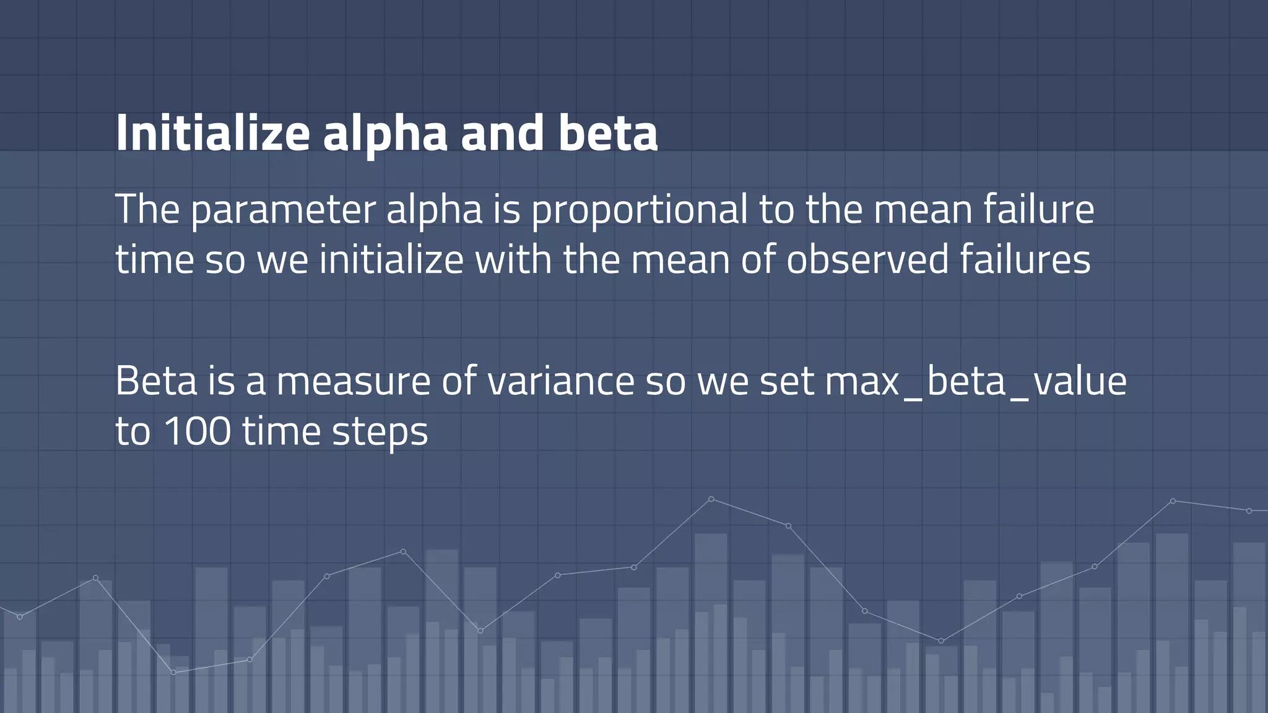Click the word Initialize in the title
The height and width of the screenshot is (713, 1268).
click(x=212, y=133)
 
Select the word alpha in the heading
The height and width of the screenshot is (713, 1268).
click(x=384, y=133)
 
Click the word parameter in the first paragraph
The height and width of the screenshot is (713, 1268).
click(x=283, y=210)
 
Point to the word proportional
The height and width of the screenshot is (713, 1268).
click(x=639, y=210)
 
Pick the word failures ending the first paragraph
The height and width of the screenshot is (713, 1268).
click(x=1025, y=259)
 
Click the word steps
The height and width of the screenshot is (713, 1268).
click(x=380, y=431)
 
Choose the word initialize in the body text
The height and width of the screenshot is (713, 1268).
click(x=391, y=259)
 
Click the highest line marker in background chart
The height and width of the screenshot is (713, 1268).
click(x=711, y=499)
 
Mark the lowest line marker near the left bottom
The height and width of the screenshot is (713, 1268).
click(x=173, y=672)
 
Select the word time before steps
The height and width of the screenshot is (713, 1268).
click(x=281, y=431)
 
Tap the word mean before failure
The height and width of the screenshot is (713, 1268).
click(x=923, y=210)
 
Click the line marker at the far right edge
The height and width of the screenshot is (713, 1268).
click(x=1249, y=511)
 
